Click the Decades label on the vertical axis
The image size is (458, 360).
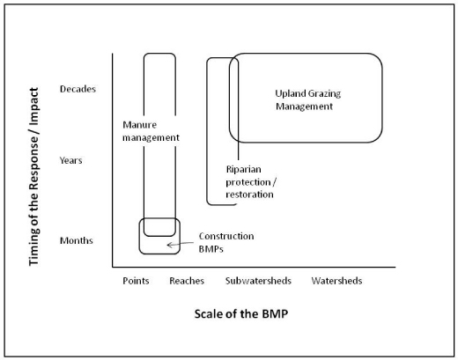point(78,89)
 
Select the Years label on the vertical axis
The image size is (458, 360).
point(70,160)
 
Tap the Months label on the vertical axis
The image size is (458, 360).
point(77,240)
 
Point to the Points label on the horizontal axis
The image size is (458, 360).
point(136,281)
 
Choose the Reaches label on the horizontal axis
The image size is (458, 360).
point(187,281)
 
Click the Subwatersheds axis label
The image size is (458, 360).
point(258,281)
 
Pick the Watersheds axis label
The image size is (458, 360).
point(336,281)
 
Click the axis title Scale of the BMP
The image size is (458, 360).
point(241,313)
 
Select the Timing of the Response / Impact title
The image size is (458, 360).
point(33,177)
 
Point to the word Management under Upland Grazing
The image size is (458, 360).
point(304,107)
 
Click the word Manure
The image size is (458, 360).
point(139,125)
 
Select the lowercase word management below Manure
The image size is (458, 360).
point(151,137)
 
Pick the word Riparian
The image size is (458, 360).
point(244,169)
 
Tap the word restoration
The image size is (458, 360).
point(249,195)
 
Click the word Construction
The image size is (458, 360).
point(226,236)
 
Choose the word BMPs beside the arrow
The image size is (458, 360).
point(211,249)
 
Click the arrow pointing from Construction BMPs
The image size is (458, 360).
point(181,244)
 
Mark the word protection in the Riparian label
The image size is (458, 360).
point(248,182)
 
